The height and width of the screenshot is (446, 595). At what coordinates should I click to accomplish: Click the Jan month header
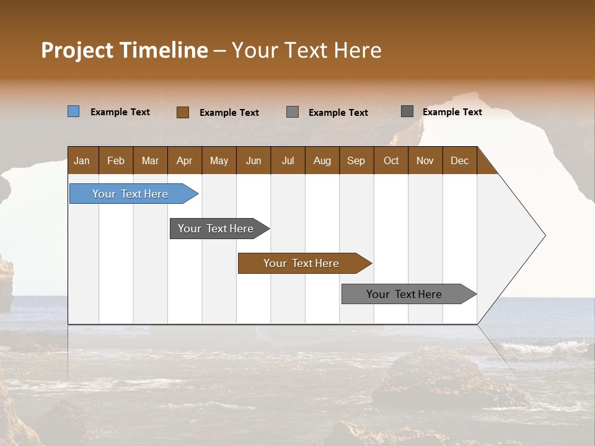(x=82, y=160)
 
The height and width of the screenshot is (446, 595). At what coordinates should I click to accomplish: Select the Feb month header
(x=116, y=160)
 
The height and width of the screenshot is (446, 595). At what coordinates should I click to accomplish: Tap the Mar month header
(x=150, y=160)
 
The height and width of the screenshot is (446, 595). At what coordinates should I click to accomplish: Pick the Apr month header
(x=185, y=160)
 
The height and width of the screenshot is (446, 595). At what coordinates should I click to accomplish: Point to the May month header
(x=219, y=160)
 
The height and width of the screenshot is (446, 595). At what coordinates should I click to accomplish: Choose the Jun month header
(x=253, y=160)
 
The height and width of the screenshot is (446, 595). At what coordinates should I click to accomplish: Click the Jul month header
(x=288, y=160)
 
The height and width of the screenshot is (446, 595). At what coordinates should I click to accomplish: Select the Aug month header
(x=322, y=160)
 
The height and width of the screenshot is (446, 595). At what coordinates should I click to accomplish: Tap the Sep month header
(x=356, y=160)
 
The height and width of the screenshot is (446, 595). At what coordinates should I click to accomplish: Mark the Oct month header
(x=391, y=160)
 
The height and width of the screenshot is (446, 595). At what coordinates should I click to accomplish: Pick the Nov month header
(x=425, y=160)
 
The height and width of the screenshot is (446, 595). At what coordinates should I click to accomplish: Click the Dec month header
(x=460, y=160)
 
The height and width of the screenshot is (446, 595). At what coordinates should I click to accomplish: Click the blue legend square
(x=74, y=111)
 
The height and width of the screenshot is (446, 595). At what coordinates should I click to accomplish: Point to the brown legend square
(x=183, y=112)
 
